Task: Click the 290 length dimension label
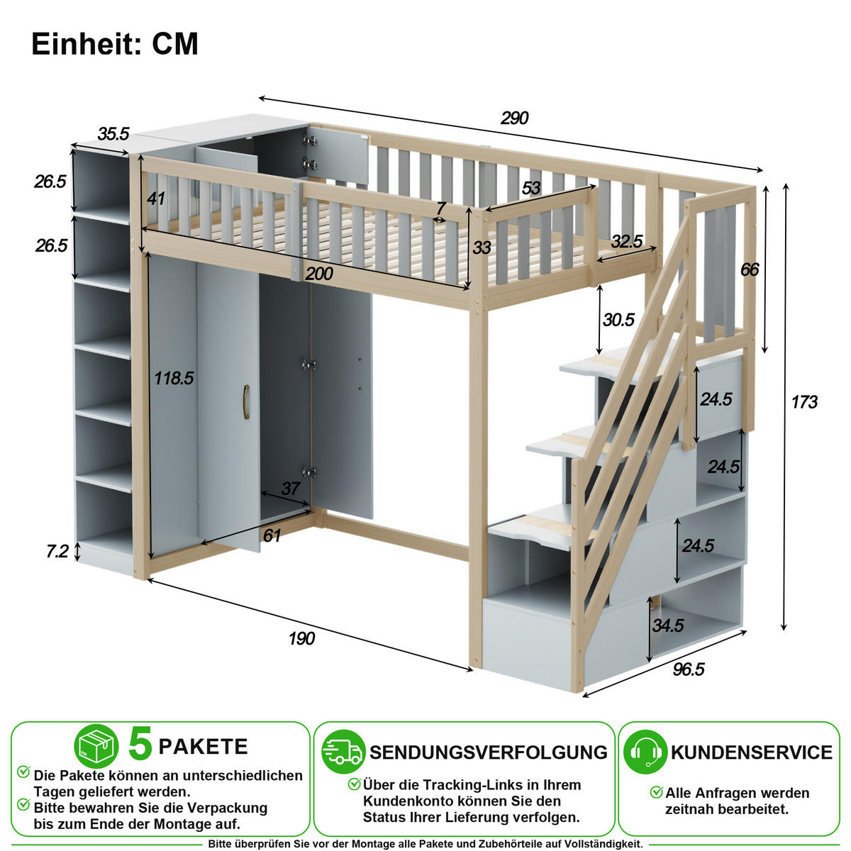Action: pyautogui.click(x=514, y=118)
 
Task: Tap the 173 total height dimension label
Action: pyautogui.click(x=804, y=402)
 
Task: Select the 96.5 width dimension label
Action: pyautogui.click(x=689, y=669)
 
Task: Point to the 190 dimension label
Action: pyautogui.click(x=301, y=638)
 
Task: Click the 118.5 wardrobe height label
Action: pyautogui.click(x=174, y=378)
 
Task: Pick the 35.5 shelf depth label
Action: pyautogui.click(x=113, y=133)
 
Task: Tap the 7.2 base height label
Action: pyautogui.click(x=57, y=551)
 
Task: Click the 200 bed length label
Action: pyautogui.click(x=319, y=274)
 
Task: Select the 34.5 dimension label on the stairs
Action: pyautogui.click(x=668, y=625)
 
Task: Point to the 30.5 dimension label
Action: pyautogui.click(x=618, y=319)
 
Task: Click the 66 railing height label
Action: pyautogui.click(x=750, y=269)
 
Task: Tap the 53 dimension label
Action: pyautogui.click(x=531, y=188)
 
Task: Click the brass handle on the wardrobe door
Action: pyautogui.click(x=246, y=401)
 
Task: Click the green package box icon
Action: pyautogui.click(x=96, y=746)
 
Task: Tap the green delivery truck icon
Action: pyautogui.click(x=343, y=752)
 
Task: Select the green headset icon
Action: pyautogui.click(x=645, y=752)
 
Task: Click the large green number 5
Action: pyautogui.click(x=140, y=744)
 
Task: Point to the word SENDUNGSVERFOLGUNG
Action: pyautogui.click(x=489, y=752)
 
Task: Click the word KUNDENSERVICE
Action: pyautogui.click(x=751, y=752)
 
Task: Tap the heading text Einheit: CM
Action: pyautogui.click(x=115, y=44)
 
